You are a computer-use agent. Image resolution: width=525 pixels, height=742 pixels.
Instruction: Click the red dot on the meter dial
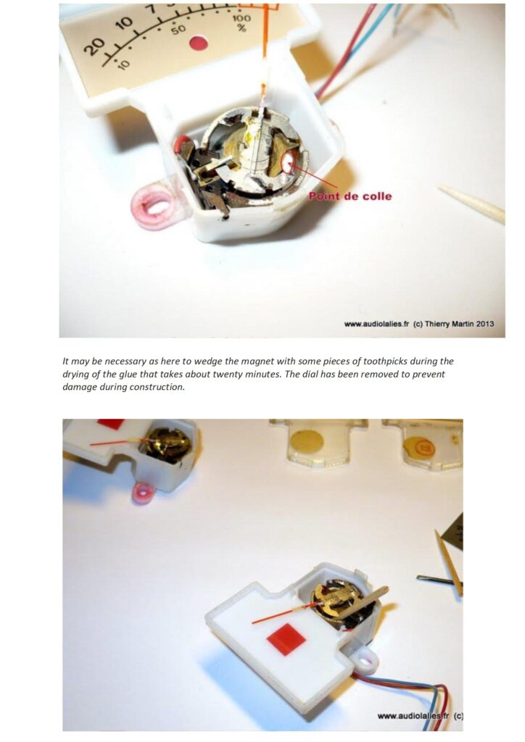pyautogui.click(x=199, y=43)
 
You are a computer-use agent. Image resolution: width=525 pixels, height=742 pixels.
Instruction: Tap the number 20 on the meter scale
pyautogui.click(x=95, y=46)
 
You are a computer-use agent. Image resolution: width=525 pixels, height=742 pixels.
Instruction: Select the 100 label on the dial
pyautogui.click(x=241, y=18)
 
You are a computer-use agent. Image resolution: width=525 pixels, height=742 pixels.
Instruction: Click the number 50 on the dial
pyautogui.click(x=178, y=30)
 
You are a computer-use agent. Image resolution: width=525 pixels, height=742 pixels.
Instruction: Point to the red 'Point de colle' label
pyautogui.click(x=350, y=196)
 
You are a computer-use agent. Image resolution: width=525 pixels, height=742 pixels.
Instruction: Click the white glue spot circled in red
pyautogui.click(x=289, y=162)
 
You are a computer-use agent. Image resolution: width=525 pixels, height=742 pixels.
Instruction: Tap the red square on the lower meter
pyautogui.click(x=286, y=639)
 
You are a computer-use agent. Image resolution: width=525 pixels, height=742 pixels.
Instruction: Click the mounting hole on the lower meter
pyautogui.click(x=364, y=662)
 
